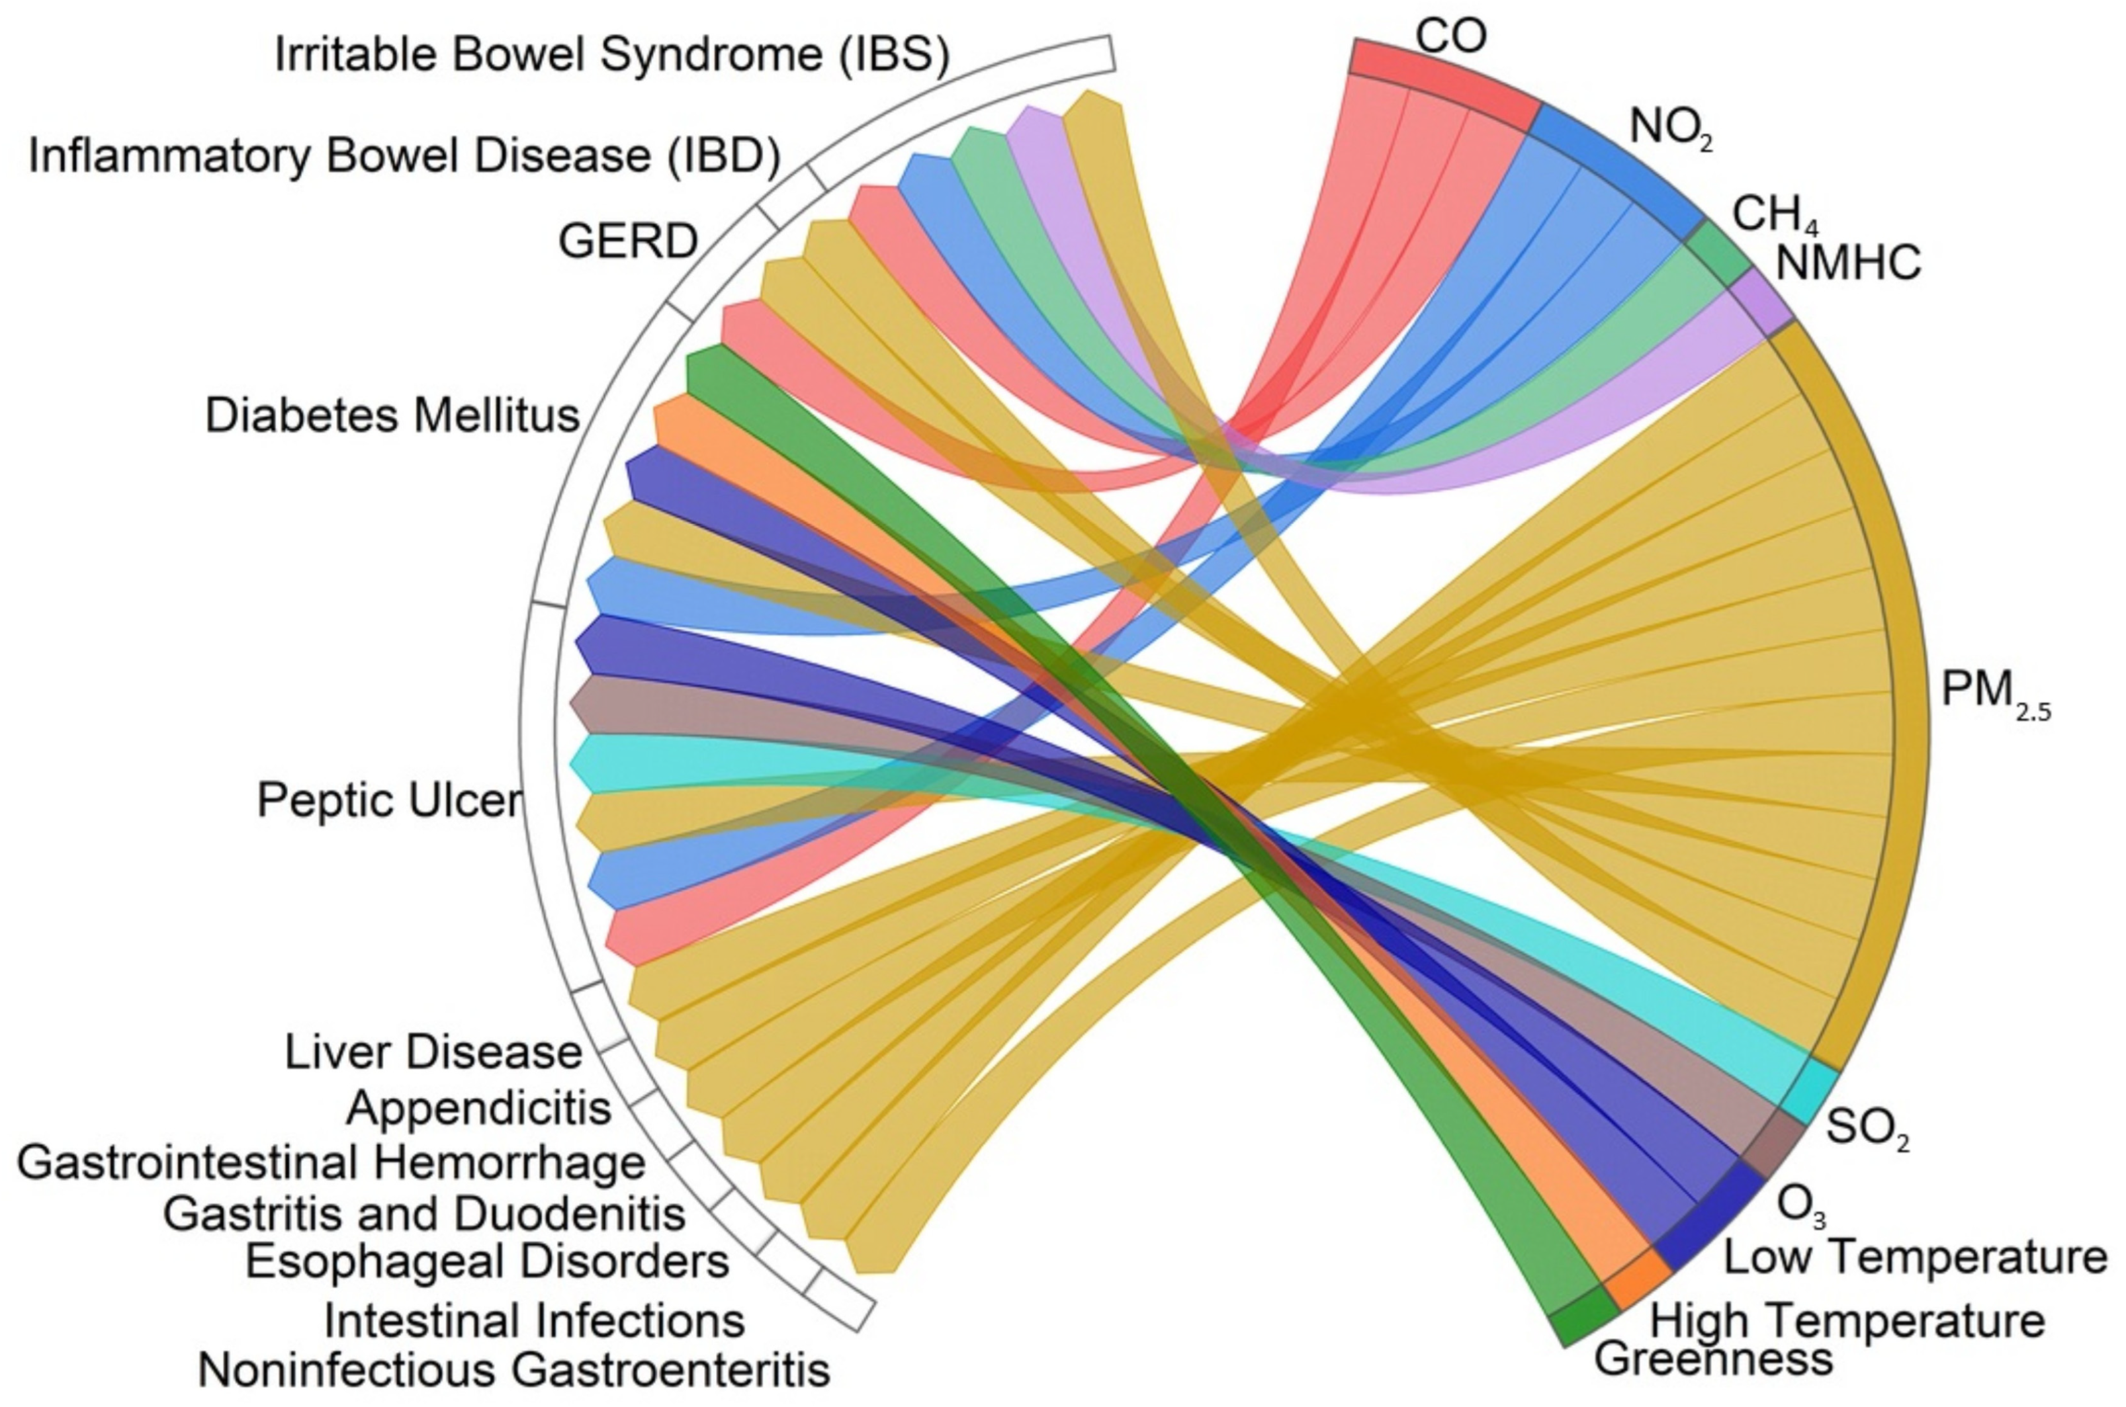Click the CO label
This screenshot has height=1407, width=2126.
1450,36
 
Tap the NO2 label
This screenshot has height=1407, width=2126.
1670,128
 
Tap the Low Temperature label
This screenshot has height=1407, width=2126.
1915,1257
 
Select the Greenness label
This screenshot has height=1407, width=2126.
1712,1359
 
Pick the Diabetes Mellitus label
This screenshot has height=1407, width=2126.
392,415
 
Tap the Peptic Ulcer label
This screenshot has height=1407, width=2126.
388,798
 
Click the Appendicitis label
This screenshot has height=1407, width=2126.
478,1109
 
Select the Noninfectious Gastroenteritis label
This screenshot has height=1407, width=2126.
513,1370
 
